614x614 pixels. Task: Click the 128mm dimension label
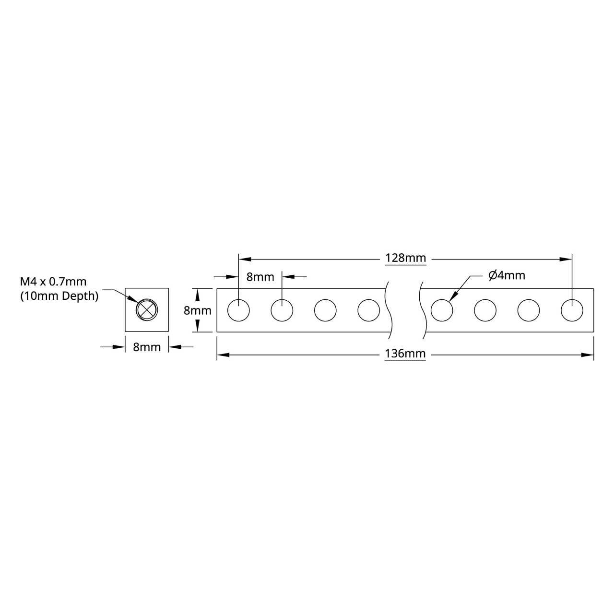pos(405,259)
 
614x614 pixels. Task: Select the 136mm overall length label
pos(405,354)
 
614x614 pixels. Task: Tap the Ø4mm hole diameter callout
pos(507,275)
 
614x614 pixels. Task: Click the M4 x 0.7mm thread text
pos(53,282)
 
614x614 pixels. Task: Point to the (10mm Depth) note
pos(59,296)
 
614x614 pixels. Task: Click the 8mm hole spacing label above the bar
pos(260,277)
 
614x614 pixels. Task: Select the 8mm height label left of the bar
pos(198,310)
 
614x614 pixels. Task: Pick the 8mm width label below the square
pos(147,347)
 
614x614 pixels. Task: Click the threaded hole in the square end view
pos(146,309)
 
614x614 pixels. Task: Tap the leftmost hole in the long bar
pos(238,310)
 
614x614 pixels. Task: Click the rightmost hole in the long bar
pos(572,310)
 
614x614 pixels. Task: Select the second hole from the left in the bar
pos(282,310)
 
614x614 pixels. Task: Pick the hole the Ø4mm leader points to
pos(442,310)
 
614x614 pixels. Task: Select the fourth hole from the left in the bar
pos(369,310)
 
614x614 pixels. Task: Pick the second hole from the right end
pos(529,310)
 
